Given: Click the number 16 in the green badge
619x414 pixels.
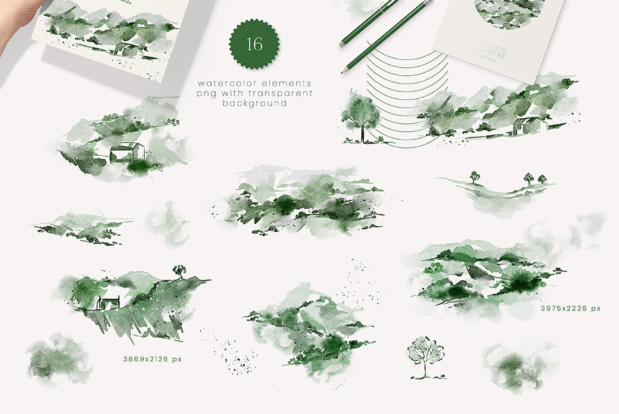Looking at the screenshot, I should tap(254, 44).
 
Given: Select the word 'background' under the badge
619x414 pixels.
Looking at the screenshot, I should tap(255, 103).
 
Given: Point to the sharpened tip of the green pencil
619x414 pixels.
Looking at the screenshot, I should tap(343, 71).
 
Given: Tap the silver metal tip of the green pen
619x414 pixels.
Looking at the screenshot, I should tap(341, 44).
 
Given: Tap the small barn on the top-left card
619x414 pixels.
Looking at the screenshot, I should tap(127, 49).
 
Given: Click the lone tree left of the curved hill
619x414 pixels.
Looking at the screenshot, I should tap(475, 177).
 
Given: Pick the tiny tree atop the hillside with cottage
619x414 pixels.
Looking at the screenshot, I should tap(179, 270).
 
